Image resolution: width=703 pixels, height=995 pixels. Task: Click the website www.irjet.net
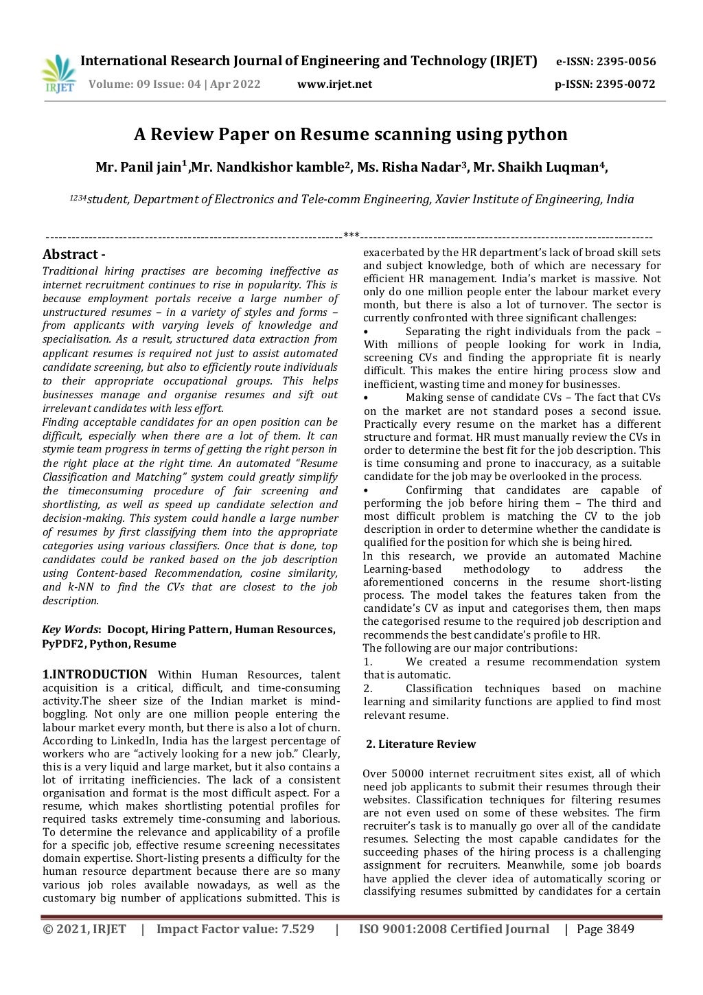pos(334,84)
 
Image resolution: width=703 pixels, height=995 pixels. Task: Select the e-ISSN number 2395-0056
pos(625,62)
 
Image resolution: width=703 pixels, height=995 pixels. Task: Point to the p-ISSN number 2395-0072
pos(625,84)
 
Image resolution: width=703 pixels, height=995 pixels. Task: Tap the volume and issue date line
pos(174,84)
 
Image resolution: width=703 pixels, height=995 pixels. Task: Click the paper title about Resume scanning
pos(350,134)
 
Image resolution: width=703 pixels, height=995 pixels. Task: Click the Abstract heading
pos(73,254)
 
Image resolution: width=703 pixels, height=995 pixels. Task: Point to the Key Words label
pos(71,630)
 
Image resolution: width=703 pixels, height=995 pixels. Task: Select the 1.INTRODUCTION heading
pos(95,674)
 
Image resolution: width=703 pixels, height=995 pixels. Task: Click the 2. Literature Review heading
pos(420,744)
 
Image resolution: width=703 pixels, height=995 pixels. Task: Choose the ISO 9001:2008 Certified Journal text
pos(454,929)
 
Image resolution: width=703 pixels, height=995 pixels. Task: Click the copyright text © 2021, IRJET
pos(84,929)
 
